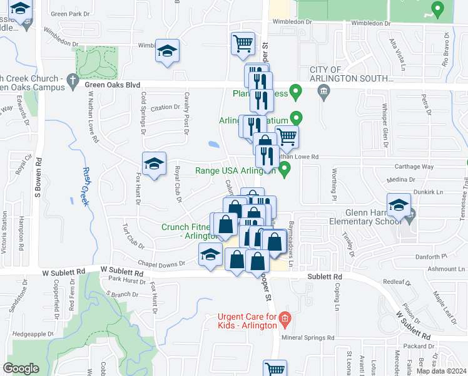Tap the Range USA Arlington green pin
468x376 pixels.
[x=285, y=169]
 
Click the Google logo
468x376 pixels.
[x=21, y=368]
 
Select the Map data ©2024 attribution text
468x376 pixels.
[x=441, y=371]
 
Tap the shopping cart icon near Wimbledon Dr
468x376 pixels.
[x=243, y=44]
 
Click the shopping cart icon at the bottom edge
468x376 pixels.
[x=275, y=368]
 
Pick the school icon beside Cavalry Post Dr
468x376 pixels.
[x=167, y=51]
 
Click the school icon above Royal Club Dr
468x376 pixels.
[x=154, y=164]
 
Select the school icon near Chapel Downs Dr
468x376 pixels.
[x=211, y=255]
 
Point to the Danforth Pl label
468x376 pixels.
[x=435, y=257]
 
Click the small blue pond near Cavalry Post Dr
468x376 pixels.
[x=215, y=144]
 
